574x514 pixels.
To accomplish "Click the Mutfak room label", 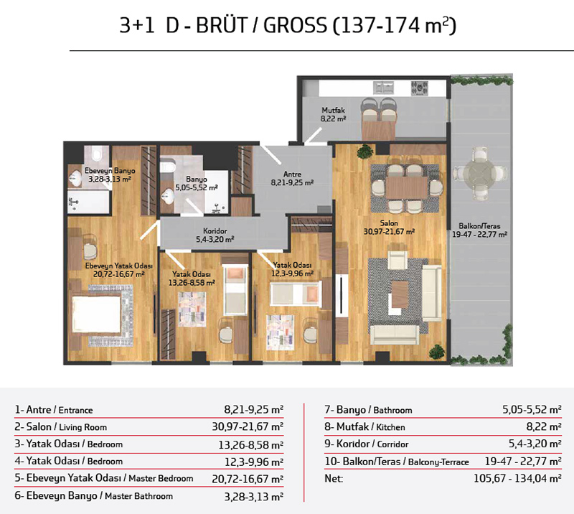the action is pos(333,110).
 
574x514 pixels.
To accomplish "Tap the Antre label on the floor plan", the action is pos(292,174).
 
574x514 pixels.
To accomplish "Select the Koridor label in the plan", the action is pos(215,231).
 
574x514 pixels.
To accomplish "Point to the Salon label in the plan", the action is pos(389,223).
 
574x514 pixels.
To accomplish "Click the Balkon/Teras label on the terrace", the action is pos(479,226).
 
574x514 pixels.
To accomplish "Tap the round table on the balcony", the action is pos(480,173).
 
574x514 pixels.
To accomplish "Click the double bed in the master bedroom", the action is pos(97,314).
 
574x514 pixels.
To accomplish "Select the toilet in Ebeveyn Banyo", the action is pos(96,153).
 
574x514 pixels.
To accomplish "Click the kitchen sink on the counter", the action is pos(383,88).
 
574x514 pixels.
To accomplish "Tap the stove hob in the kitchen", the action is pos(420,88).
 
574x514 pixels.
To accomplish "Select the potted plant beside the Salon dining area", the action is pos(366,151).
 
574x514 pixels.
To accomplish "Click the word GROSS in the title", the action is pos(295,26).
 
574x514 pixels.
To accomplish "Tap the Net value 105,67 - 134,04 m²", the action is pos(517,478).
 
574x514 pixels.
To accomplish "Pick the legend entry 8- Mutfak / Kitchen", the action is pos(364,427).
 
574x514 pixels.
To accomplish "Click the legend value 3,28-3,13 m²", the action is pos(254,497).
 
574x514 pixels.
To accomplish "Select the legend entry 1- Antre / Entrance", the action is pos(54,410).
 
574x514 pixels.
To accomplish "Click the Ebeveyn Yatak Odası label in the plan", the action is pos(119,266).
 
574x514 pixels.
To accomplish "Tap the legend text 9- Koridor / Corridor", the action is pos(367,444).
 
